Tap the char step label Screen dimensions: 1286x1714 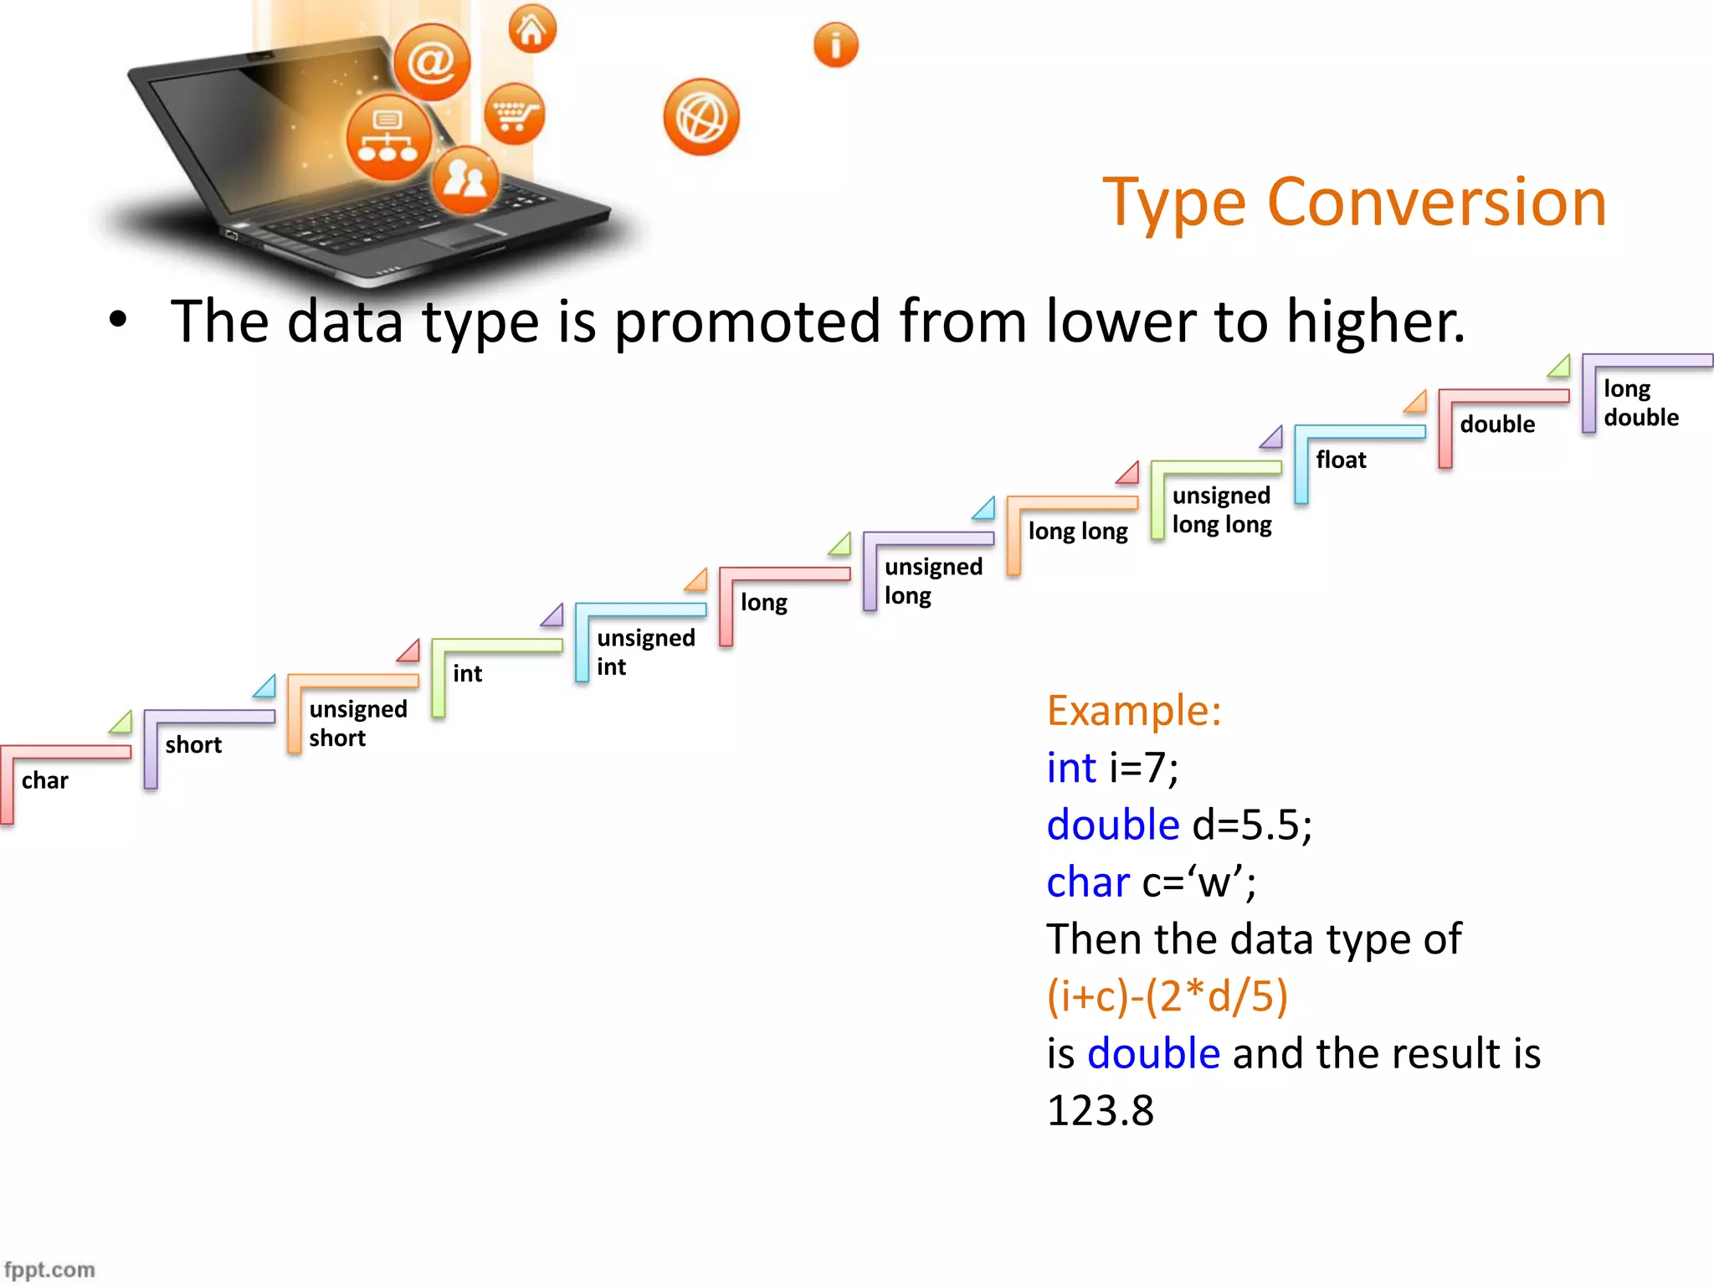coord(45,780)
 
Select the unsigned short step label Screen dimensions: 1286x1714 coord(357,723)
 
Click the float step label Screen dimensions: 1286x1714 coord(1341,460)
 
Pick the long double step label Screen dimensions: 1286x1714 coord(1640,403)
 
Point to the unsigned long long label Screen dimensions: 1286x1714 coord(1221,509)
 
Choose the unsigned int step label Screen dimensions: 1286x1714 coord(645,651)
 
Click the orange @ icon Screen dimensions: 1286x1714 coord(432,63)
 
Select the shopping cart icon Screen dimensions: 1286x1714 coord(514,114)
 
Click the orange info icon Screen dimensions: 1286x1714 coord(835,45)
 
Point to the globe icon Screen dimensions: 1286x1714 coord(701,117)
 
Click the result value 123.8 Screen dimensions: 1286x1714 coord(1100,1111)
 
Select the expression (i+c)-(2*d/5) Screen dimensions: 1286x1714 coord(1167,996)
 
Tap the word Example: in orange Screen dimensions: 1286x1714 coord(1133,710)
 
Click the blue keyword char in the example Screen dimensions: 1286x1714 coord(1087,882)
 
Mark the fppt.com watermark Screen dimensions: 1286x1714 coord(49,1269)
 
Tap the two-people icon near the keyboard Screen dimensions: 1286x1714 coord(465,179)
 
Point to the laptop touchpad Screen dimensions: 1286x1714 coord(465,237)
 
